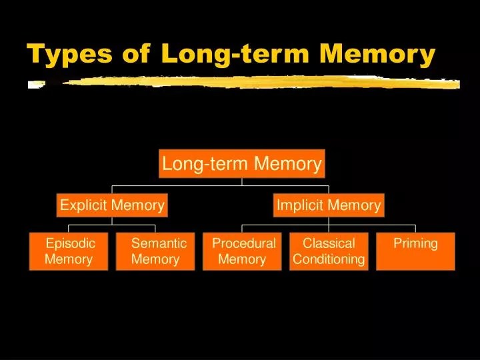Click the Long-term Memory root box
[242, 164]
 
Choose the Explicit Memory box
[112, 205]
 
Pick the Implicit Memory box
[329, 205]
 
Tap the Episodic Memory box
[69, 251]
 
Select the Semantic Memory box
[155, 251]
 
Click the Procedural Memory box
[243, 251]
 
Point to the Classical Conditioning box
[329, 251]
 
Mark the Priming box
[415, 251]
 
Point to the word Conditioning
[329, 259]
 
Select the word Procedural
[243, 243]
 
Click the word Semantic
[159, 243]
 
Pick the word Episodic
[70, 243]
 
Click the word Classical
[329, 243]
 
